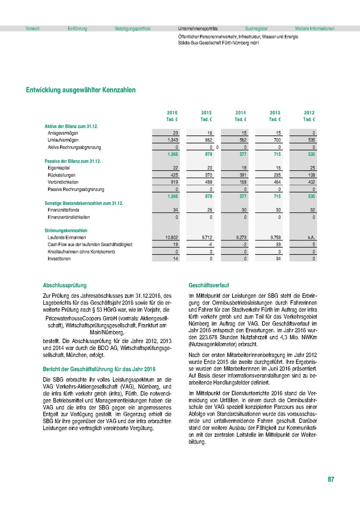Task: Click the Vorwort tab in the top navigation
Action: [x=33, y=29]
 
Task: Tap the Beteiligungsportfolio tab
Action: [x=132, y=29]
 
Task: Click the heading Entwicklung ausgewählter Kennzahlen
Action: [x=81, y=90]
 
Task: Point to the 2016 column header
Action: [x=172, y=113]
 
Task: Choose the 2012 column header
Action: [x=309, y=113]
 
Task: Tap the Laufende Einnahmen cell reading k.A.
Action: [x=311, y=238]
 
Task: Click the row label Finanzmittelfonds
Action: [x=63, y=210]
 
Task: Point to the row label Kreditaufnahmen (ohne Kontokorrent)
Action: [x=82, y=252]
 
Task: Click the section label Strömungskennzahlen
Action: [x=63, y=231]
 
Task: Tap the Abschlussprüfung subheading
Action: [x=65, y=285]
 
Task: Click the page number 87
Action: [x=331, y=480]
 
